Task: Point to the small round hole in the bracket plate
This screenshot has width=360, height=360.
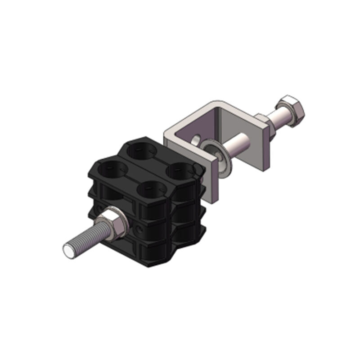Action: [x=197, y=139]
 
